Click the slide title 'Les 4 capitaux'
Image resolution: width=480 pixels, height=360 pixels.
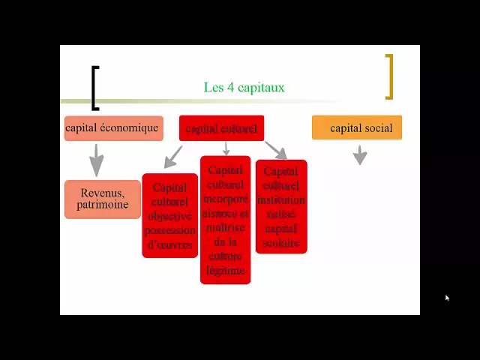coord(244,88)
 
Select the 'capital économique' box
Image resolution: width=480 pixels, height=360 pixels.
coord(113,128)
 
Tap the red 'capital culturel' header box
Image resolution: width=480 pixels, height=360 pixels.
coord(221,128)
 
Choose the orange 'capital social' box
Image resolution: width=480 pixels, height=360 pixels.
coord(357,128)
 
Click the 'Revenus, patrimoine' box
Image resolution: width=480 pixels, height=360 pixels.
coord(103,199)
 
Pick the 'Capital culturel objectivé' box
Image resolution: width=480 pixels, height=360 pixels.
coord(170,216)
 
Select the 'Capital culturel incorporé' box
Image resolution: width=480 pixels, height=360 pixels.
coord(225,220)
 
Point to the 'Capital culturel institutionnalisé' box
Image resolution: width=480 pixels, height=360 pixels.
coord(281,207)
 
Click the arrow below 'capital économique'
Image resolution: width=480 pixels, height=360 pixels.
coord(96,160)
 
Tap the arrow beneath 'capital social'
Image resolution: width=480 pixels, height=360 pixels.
coord(360,155)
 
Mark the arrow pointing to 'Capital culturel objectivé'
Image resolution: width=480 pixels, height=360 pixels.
coord(172,157)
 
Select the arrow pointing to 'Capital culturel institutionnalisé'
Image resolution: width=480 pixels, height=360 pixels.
coord(276,150)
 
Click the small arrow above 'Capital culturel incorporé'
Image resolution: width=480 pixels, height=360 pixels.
coord(226,148)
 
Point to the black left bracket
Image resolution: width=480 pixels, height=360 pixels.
coord(94,88)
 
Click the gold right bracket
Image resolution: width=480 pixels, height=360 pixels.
coord(388,76)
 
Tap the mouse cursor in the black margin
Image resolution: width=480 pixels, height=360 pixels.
coord(447,298)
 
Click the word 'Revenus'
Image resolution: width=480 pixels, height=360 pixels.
coord(103,193)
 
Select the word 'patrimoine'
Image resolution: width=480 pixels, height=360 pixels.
coord(103,205)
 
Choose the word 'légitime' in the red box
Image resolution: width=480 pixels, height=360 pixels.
coord(225,270)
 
